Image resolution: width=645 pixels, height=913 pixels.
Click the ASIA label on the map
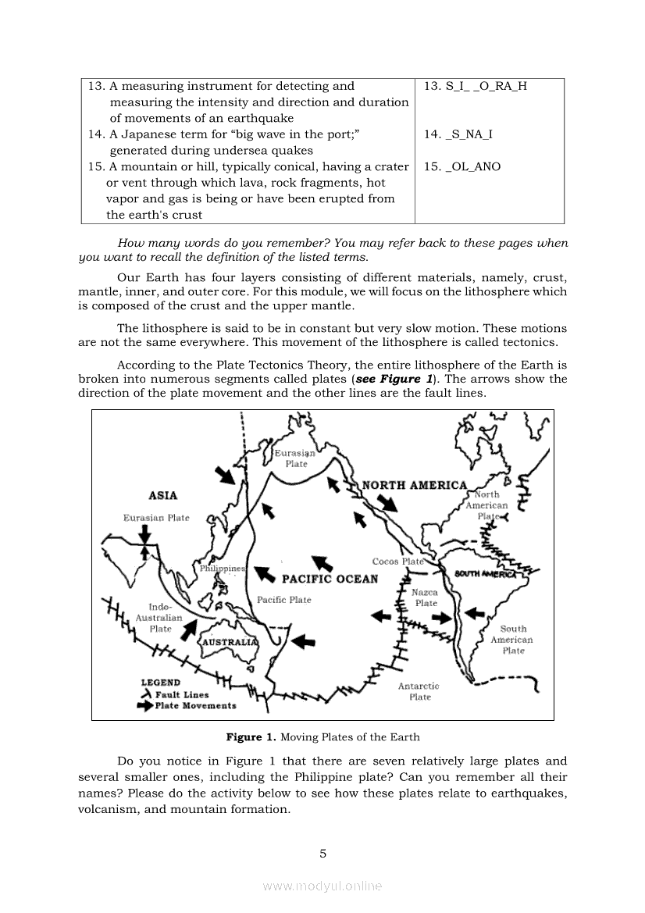point(162,495)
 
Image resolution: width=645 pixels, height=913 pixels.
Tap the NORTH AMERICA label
point(414,485)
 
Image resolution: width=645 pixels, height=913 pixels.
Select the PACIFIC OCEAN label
point(330,579)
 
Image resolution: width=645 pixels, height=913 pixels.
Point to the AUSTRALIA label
point(230,641)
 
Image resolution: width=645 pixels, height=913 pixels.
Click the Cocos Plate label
point(397,562)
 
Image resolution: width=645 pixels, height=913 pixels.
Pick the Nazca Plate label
point(426,597)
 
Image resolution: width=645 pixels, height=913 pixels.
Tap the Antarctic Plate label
point(419,691)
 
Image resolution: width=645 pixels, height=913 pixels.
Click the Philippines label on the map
point(223,569)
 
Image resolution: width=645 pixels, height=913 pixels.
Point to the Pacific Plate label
point(283,600)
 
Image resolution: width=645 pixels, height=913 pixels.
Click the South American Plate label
point(512,639)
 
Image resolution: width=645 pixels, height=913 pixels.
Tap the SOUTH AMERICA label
point(486,575)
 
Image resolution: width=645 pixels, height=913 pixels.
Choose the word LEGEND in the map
point(160,682)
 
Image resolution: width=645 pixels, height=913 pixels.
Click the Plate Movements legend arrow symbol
point(144,706)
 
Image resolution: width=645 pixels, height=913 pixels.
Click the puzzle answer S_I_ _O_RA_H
point(476,86)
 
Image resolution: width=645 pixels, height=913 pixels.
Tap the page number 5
point(322,854)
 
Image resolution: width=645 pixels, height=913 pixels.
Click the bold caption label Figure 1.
point(251,736)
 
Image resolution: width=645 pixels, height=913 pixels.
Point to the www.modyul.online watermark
point(322,886)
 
